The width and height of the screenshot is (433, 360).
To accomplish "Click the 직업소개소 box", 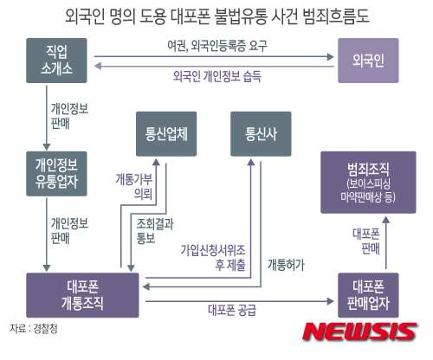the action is click(56, 61).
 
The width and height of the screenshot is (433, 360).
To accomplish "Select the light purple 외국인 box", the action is click(368, 61).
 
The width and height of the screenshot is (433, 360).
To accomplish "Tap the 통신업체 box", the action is click(166, 134).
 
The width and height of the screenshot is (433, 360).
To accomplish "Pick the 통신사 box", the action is click(261, 134).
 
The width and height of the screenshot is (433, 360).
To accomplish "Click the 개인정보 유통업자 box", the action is click(56, 174).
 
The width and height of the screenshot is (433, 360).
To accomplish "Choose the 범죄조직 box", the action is click(368, 183).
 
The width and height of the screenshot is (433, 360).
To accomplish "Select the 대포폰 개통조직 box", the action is click(82, 295).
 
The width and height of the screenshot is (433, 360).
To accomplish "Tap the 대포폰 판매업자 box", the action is click(368, 295).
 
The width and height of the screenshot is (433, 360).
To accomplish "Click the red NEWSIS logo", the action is click(359, 331).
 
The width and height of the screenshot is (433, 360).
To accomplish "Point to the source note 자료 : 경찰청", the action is click(34, 329).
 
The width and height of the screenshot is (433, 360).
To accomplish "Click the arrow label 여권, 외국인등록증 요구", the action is click(217, 46).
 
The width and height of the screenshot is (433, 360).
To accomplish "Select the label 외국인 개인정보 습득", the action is click(217, 76).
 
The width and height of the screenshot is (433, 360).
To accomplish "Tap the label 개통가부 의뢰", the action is click(134, 186).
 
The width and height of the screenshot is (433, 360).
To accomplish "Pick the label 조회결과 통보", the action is click(155, 231).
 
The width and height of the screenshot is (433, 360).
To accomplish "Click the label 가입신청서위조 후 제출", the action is click(213, 257).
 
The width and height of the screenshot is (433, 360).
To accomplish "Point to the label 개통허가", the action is click(286, 265).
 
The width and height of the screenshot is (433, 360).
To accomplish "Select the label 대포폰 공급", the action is click(232, 310).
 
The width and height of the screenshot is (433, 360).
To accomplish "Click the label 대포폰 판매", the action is click(366, 241).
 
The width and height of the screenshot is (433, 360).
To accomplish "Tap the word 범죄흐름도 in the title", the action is click(336, 16).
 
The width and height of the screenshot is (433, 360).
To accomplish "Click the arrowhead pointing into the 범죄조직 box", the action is click(386, 220).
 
